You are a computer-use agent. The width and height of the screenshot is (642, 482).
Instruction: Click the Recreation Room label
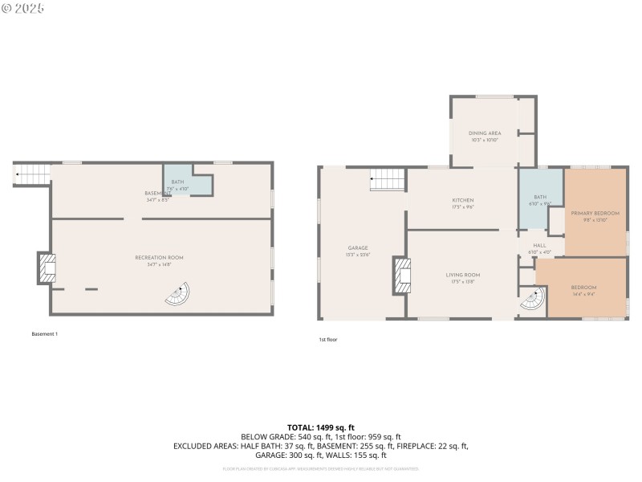tap(159, 257)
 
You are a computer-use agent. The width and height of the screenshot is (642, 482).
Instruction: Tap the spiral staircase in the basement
tap(178, 295)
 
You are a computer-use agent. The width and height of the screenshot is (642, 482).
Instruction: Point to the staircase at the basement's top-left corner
tap(32, 173)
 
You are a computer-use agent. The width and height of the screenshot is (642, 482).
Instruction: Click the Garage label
tap(358, 247)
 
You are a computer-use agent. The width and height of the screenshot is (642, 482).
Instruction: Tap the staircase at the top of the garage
tap(388, 181)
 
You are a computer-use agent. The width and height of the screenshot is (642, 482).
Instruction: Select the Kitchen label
tap(462, 200)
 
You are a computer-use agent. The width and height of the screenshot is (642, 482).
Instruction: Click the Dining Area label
tap(485, 133)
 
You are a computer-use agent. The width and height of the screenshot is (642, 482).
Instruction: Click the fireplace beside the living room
tap(400, 276)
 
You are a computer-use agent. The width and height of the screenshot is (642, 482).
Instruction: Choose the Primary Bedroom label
tap(595, 213)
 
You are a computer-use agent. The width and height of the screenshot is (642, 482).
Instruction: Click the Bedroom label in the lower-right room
tap(583, 287)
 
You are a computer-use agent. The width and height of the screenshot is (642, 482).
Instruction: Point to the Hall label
tap(540, 245)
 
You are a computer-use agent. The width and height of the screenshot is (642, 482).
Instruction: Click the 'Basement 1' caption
tap(45, 333)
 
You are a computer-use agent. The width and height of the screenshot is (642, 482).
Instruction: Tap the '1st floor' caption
tap(327, 340)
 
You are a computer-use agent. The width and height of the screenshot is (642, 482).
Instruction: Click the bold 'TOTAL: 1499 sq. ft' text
tap(320, 427)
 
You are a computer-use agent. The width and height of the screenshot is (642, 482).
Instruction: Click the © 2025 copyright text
tap(24, 8)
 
